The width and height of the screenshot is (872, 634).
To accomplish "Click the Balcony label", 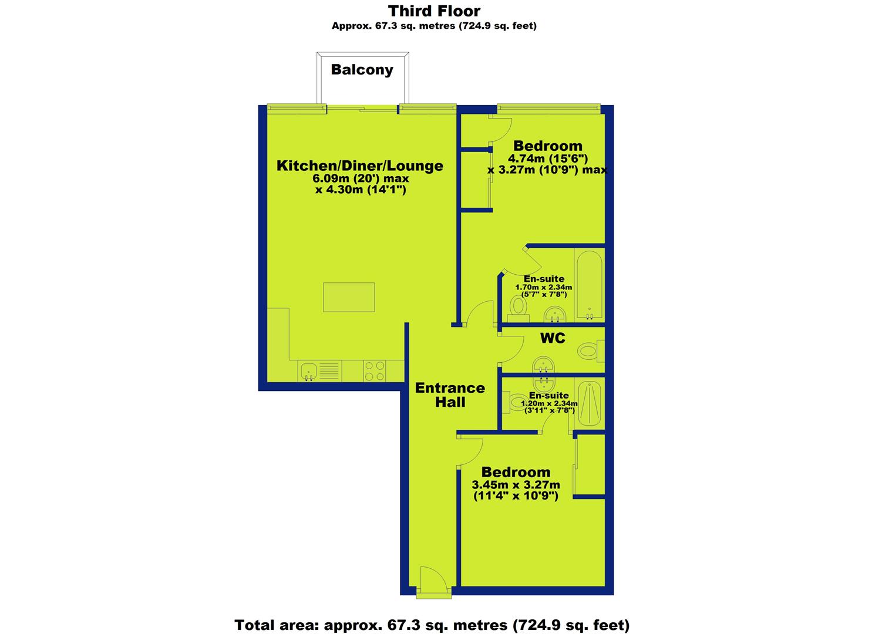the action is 362,70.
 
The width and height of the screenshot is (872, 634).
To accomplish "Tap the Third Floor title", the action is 434,11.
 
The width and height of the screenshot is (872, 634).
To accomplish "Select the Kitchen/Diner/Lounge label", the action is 360,166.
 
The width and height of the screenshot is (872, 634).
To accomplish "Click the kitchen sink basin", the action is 309,370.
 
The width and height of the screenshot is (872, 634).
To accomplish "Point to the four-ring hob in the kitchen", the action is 374,371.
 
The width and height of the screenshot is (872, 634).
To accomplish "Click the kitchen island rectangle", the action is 349,298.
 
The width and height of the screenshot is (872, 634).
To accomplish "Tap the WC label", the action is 553,338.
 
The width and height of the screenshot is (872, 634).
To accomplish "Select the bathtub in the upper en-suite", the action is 590,285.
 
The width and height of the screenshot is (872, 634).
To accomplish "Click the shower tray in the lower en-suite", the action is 590,404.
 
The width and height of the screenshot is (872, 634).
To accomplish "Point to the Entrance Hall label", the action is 450,394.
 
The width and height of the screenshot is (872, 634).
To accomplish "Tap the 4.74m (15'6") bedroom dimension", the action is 548,158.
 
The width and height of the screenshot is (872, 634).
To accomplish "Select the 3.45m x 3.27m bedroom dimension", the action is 516,485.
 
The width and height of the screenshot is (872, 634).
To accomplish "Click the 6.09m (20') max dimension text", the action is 361,178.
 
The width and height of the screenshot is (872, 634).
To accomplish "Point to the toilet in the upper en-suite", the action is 519,309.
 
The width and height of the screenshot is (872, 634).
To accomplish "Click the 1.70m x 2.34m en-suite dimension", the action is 544,288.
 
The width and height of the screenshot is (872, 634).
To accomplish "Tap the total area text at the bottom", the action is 432,625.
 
